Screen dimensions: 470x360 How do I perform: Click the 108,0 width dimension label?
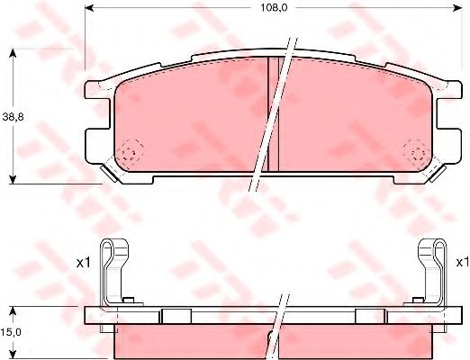(x=274, y=8)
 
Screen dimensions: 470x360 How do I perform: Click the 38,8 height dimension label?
(x=13, y=117)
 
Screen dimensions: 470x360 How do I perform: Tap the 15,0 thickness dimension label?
(x=11, y=332)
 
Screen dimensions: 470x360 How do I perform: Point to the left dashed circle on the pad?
(x=130, y=153)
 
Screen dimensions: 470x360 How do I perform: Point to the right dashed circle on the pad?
(x=417, y=153)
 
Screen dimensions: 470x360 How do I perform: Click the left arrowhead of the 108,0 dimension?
(x=90, y=8)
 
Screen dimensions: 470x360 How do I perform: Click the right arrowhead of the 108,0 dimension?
(x=457, y=8)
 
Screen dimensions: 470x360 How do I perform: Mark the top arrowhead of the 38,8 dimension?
(x=13, y=53)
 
